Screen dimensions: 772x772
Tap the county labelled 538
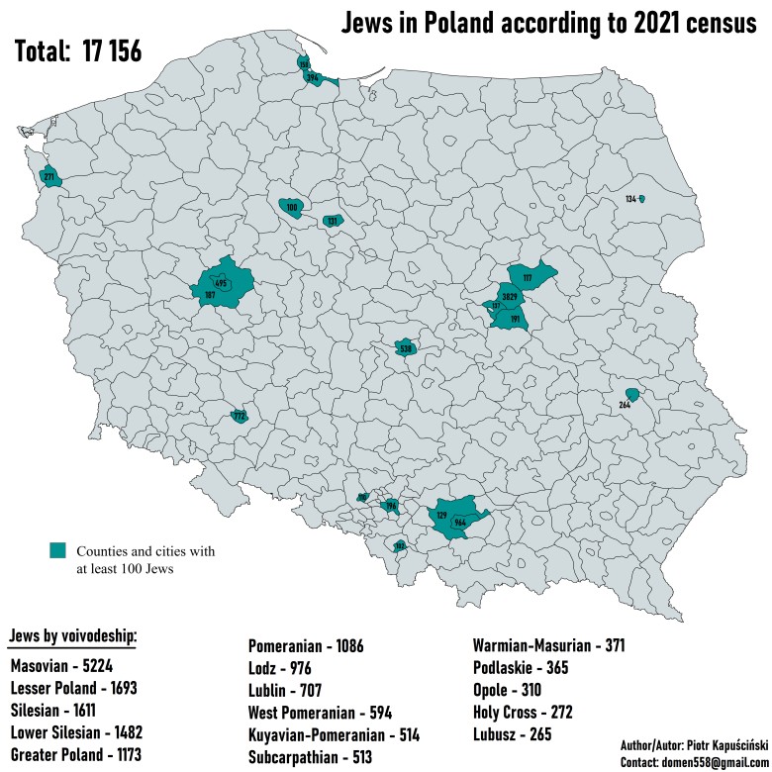coord(405,348)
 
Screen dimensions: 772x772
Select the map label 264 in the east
coord(625,405)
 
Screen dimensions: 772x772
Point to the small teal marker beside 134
coord(641,199)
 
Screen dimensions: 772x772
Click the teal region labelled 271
coord(49,177)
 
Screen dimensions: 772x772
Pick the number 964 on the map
coord(460,522)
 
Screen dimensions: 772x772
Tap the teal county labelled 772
coord(239,417)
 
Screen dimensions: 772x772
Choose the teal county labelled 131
coord(333,221)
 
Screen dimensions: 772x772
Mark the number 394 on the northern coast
coord(313,77)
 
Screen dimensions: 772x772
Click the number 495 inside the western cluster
coord(221,284)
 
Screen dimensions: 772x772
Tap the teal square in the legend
coord(58,549)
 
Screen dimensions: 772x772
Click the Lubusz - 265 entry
coord(512,734)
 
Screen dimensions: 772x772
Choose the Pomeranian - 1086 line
coord(305,647)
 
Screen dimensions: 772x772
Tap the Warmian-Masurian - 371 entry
coord(548,647)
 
